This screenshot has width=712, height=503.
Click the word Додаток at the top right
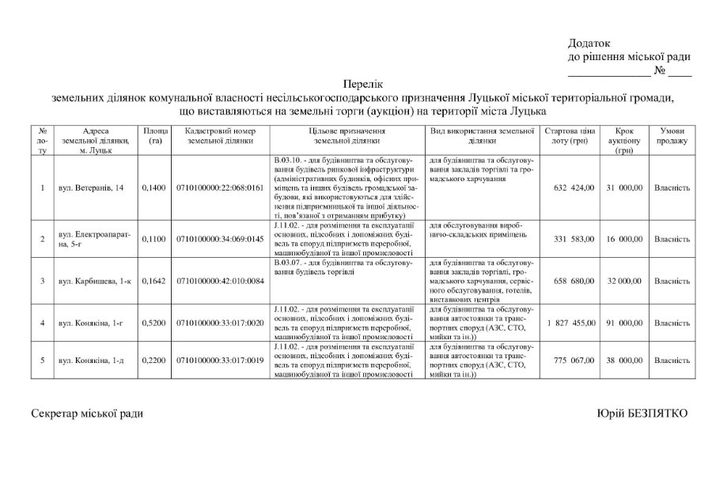589,43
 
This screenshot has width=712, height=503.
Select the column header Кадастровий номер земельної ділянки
220,135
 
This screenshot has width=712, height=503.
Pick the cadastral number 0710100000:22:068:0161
220,188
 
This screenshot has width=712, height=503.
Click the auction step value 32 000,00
624,281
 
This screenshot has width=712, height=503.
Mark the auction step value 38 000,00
624,361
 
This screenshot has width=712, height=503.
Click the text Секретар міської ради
87,414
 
